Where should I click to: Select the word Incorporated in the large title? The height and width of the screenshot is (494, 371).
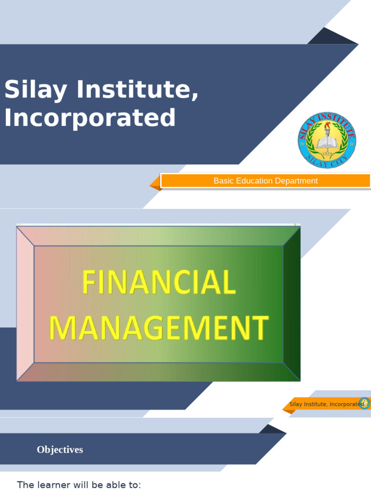(x=90, y=118)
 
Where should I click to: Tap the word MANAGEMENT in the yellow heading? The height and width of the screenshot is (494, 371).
(x=158, y=328)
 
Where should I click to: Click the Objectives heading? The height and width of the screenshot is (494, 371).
(x=60, y=450)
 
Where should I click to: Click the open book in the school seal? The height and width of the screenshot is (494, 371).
(x=327, y=142)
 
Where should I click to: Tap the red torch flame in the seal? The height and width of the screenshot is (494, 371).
(x=327, y=126)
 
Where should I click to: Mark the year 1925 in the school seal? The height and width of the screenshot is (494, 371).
(x=327, y=154)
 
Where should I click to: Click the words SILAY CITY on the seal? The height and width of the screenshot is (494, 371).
(x=327, y=164)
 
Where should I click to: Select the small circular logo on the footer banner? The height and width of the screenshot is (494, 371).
(x=365, y=403)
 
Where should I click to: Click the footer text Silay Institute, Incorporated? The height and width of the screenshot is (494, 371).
(x=326, y=404)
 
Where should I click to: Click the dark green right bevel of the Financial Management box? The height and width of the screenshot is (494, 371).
(x=292, y=304)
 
